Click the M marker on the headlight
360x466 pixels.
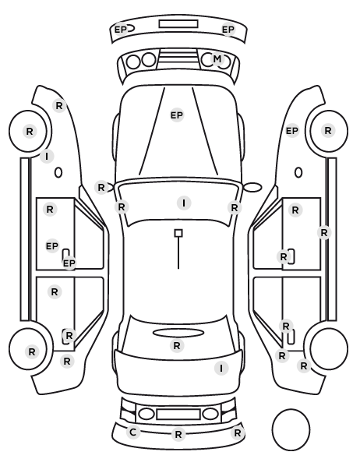tap(217, 59)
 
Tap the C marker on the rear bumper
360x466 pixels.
tap(133, 432)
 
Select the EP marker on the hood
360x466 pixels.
tap(177, 115)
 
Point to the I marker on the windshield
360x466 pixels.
tap(184, 203)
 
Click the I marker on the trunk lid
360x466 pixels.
tap(221, 369)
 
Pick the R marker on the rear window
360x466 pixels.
tap(177, 346)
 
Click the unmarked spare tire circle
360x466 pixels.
tap(291, 429)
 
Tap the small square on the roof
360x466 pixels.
tap(178, 233)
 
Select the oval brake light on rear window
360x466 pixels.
tap(178, 333)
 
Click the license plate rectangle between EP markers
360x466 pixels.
tap(178, 24)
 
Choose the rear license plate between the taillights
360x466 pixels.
tap(178, 415)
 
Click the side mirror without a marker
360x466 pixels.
tap(252, 187)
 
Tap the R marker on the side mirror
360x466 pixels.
tap(101, 188)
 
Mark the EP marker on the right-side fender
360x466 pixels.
tap(291, 131)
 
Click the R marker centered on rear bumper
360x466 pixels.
tap(178, 435)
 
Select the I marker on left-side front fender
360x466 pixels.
tap(47, 156)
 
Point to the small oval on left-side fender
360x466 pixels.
tap(58, 173)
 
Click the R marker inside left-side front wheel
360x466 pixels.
tap(30, 131)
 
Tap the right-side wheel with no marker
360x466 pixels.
tap(329, 348)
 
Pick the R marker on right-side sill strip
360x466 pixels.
tap(324, 232)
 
